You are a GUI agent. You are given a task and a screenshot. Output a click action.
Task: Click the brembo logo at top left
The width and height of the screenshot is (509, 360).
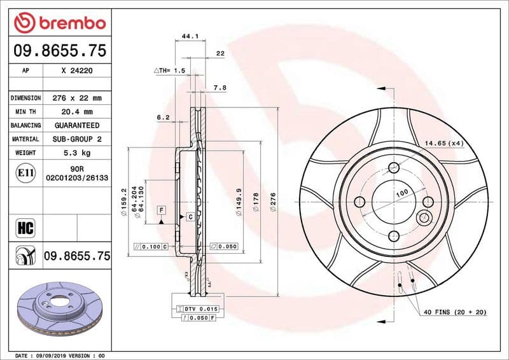[59, 23]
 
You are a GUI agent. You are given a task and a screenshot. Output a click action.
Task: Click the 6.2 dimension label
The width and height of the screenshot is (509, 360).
[163, 117]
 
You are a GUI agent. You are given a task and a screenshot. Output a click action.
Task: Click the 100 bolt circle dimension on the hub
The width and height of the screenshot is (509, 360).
[401, 193]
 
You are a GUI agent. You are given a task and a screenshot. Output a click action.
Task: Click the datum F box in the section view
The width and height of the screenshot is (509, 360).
[162, 210]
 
